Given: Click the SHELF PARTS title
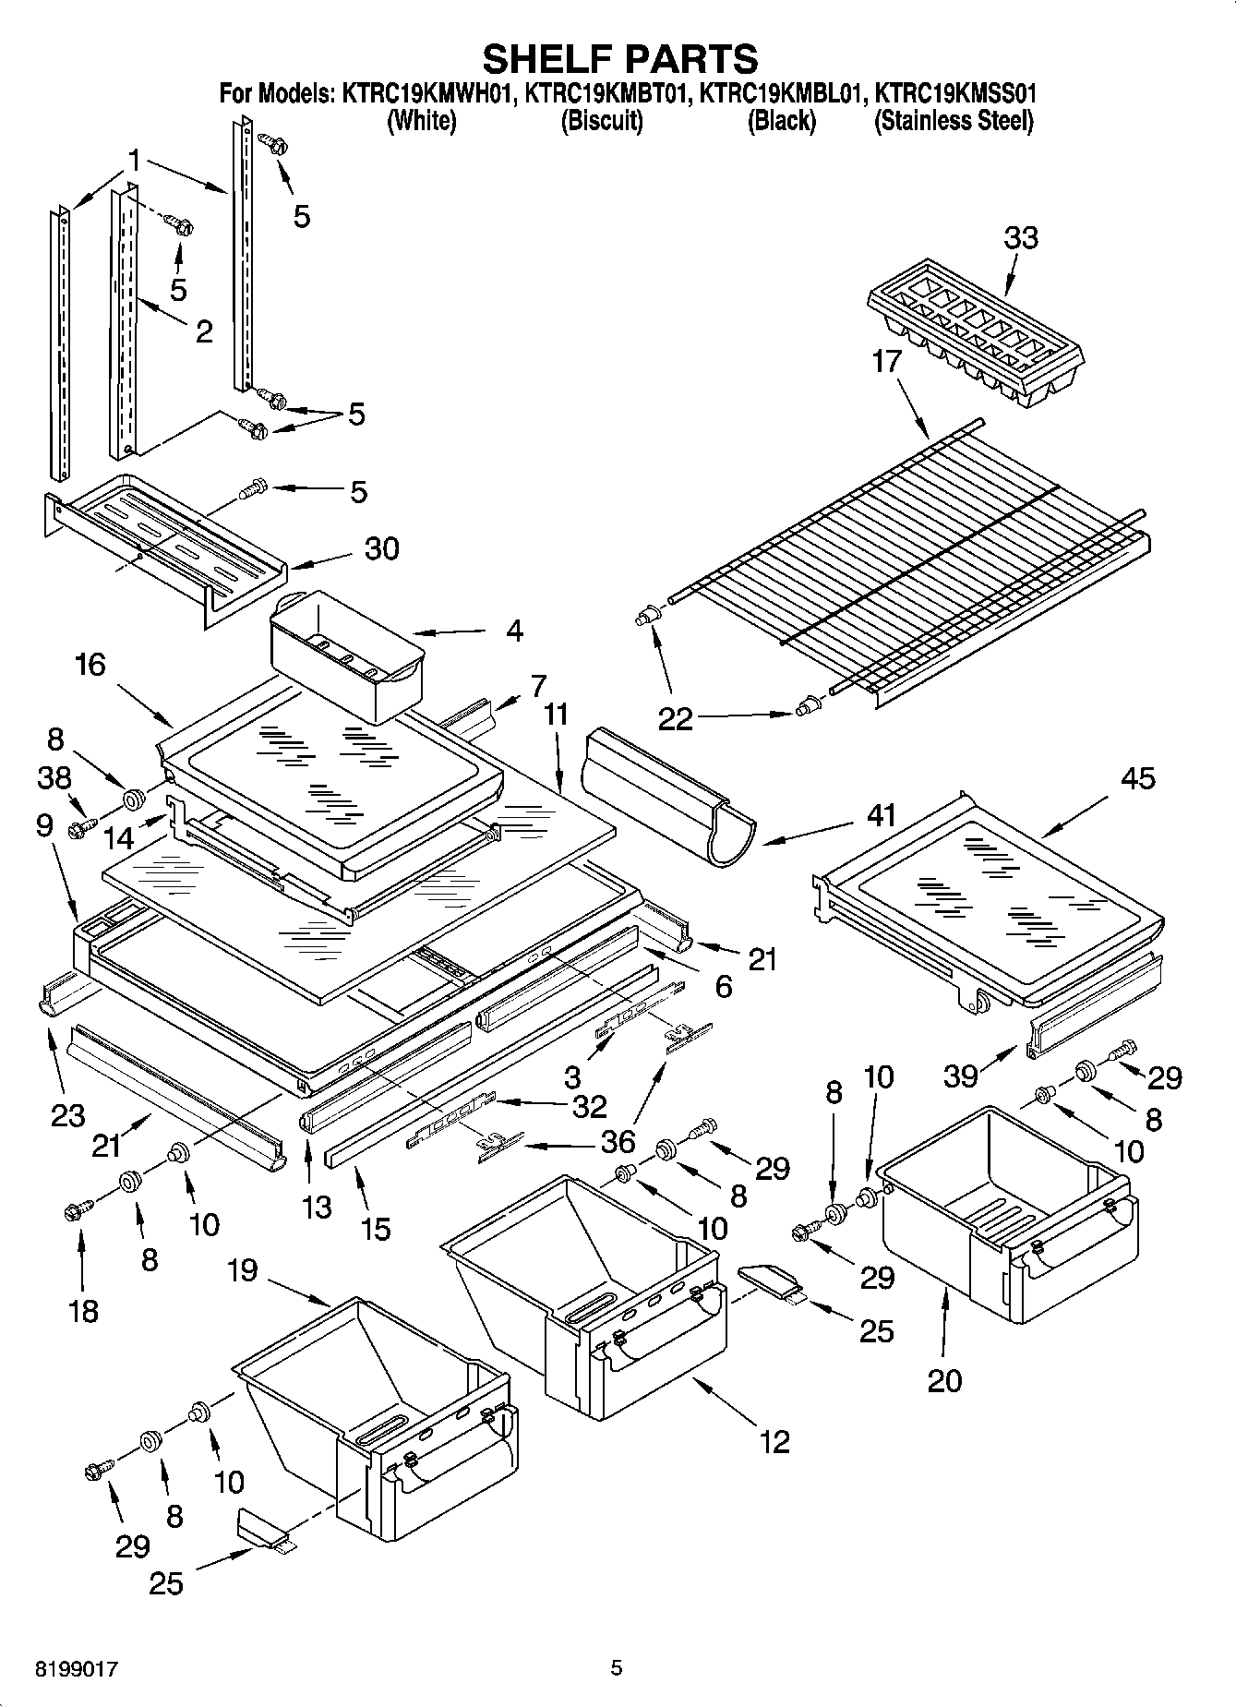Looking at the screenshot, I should (620, 58).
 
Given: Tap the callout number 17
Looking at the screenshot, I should (886, 361).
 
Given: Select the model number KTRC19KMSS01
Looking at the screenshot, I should (955, 93).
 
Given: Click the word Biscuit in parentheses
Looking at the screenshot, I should (602, 121).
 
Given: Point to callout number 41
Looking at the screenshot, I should (882, 815).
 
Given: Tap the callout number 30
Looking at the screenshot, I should (381, 548).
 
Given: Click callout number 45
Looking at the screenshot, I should (1137, 777).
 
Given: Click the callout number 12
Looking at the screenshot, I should (774, 1440).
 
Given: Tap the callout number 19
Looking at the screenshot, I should (242, 1270).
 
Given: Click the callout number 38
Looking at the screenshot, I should (54, 777).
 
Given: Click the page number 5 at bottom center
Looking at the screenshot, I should (617, 1668).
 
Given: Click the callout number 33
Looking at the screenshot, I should (1020, 237).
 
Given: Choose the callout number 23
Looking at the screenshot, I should (68, 1115).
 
